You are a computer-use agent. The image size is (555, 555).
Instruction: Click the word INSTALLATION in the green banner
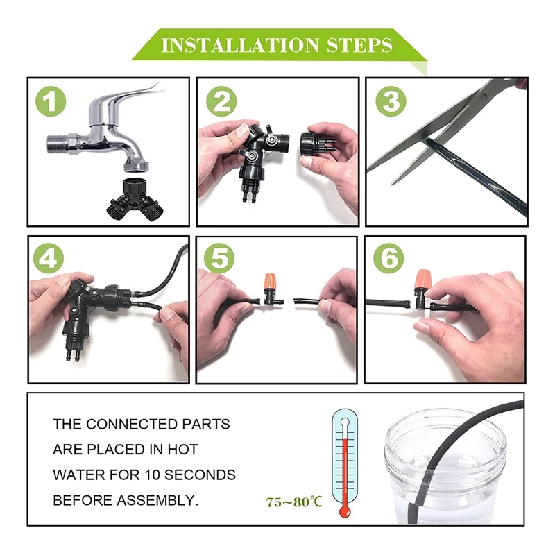[x=240, y=45]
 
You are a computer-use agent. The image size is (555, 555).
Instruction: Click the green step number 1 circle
[x=51, y=101]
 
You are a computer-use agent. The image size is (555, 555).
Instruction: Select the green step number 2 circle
[x=221, y=101]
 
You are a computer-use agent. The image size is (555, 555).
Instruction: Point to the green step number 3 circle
[x=391, y=101]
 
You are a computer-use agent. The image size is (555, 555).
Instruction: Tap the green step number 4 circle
[x=49, y=258]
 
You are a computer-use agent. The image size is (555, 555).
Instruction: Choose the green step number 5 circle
[x=219, y=258]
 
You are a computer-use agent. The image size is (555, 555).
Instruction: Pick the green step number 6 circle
[x=388, y=258]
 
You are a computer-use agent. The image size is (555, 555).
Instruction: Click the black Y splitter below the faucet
[x=135, y=200]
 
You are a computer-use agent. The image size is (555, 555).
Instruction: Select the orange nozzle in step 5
[x=270, y=281]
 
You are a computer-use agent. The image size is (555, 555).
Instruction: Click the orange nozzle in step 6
[x=422, y=280]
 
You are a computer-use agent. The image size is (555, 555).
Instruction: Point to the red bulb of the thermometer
[x=345, y=511]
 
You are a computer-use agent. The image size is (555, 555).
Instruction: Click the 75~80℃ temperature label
[x=294, y=502]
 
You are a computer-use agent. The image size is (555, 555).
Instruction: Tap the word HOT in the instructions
[x=182, y=450]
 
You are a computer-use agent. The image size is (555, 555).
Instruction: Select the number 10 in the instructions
[x=152, y=475]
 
